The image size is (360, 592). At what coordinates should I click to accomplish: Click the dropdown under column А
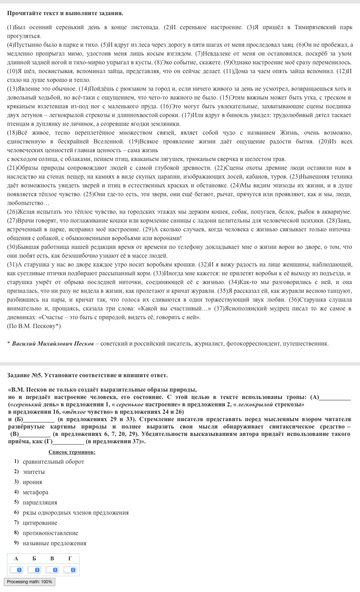point(16,570)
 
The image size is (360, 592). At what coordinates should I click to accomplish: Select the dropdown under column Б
point(34,570)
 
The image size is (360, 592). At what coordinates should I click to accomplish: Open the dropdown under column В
point(52,570)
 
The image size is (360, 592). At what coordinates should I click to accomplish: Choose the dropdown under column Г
point(70,570)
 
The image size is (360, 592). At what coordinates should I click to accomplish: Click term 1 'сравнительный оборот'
point(53,462)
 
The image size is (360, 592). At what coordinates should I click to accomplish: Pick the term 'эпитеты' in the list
point(33,472)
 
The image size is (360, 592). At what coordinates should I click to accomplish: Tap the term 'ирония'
point(32,482)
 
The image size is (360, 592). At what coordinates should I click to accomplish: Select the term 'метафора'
point(35,492)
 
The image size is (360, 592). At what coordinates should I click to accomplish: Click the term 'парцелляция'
point(40,502)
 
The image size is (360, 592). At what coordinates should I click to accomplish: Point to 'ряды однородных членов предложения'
point(76,513)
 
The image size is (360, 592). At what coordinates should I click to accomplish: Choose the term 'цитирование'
point(40,523)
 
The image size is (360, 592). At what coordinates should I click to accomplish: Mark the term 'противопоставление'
point(50,533)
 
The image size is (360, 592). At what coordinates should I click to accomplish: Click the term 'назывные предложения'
point(54,543)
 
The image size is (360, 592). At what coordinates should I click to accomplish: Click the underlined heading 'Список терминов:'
point(72,452)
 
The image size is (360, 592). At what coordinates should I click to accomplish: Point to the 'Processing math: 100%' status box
point(30,582)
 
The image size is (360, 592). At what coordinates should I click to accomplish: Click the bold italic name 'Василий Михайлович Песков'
point(53,343)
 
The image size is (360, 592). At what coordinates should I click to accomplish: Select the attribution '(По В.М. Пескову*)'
point(34,326)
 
